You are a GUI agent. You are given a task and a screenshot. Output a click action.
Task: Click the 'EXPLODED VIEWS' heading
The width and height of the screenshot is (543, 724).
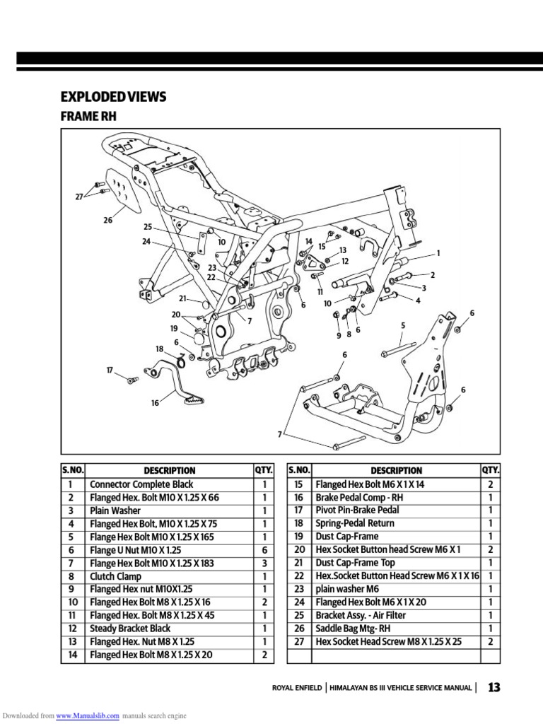114,97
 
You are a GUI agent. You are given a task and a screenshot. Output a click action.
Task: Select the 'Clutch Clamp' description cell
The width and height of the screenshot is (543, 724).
115,576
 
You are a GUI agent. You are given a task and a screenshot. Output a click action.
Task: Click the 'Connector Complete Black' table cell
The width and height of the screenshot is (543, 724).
141,484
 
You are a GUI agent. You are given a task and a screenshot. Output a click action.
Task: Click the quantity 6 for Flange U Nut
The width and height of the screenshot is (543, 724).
264,549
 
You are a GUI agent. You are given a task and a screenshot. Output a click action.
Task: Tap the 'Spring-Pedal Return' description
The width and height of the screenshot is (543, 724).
355,523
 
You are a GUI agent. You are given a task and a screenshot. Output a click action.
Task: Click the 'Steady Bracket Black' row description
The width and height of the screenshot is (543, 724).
130,629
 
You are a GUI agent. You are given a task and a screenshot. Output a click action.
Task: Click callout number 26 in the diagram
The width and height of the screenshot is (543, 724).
107,220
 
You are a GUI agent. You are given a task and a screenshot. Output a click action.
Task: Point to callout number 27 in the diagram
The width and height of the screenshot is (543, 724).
79,197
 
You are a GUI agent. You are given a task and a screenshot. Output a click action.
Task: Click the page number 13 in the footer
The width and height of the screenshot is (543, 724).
494,687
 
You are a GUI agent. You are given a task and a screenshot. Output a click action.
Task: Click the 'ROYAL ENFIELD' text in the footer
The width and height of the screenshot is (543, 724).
297,688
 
